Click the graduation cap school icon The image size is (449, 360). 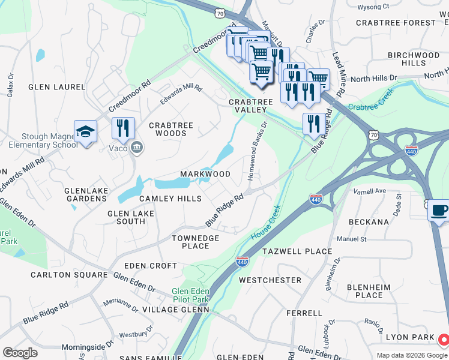click(85, 131)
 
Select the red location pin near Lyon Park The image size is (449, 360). click(443, 340)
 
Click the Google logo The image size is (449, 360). click(20, 353)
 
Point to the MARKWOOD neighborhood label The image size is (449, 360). click(205, 174)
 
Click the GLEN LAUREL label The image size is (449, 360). click(57, 87)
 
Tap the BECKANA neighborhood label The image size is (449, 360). click(369, 221)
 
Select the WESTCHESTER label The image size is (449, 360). click(270, 280)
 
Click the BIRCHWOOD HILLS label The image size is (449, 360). click(414, 59)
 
